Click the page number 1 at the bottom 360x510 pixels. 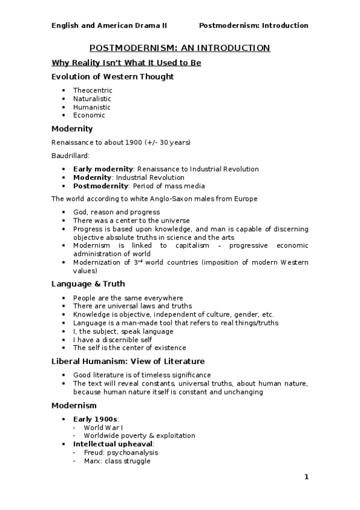[x=306, y=478]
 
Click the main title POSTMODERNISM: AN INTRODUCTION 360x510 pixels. [x=180, y=48]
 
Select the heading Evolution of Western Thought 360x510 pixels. [x=112, y=77]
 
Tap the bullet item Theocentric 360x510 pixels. [x=93, y=90]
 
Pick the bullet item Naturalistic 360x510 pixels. [x=92, y=99]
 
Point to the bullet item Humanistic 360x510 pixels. [x=91, y=107]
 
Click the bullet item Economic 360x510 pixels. [x=89, y=115]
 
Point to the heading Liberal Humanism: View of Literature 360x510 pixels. [x=128, y=361]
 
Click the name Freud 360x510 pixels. [x=94, y=453]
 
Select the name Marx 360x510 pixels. [x=94, y=461]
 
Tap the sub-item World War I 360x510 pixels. [x=103, y=428]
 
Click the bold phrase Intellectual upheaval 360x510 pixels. [x=113, y=444]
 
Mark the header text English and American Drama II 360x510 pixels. [x=109, y=26]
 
